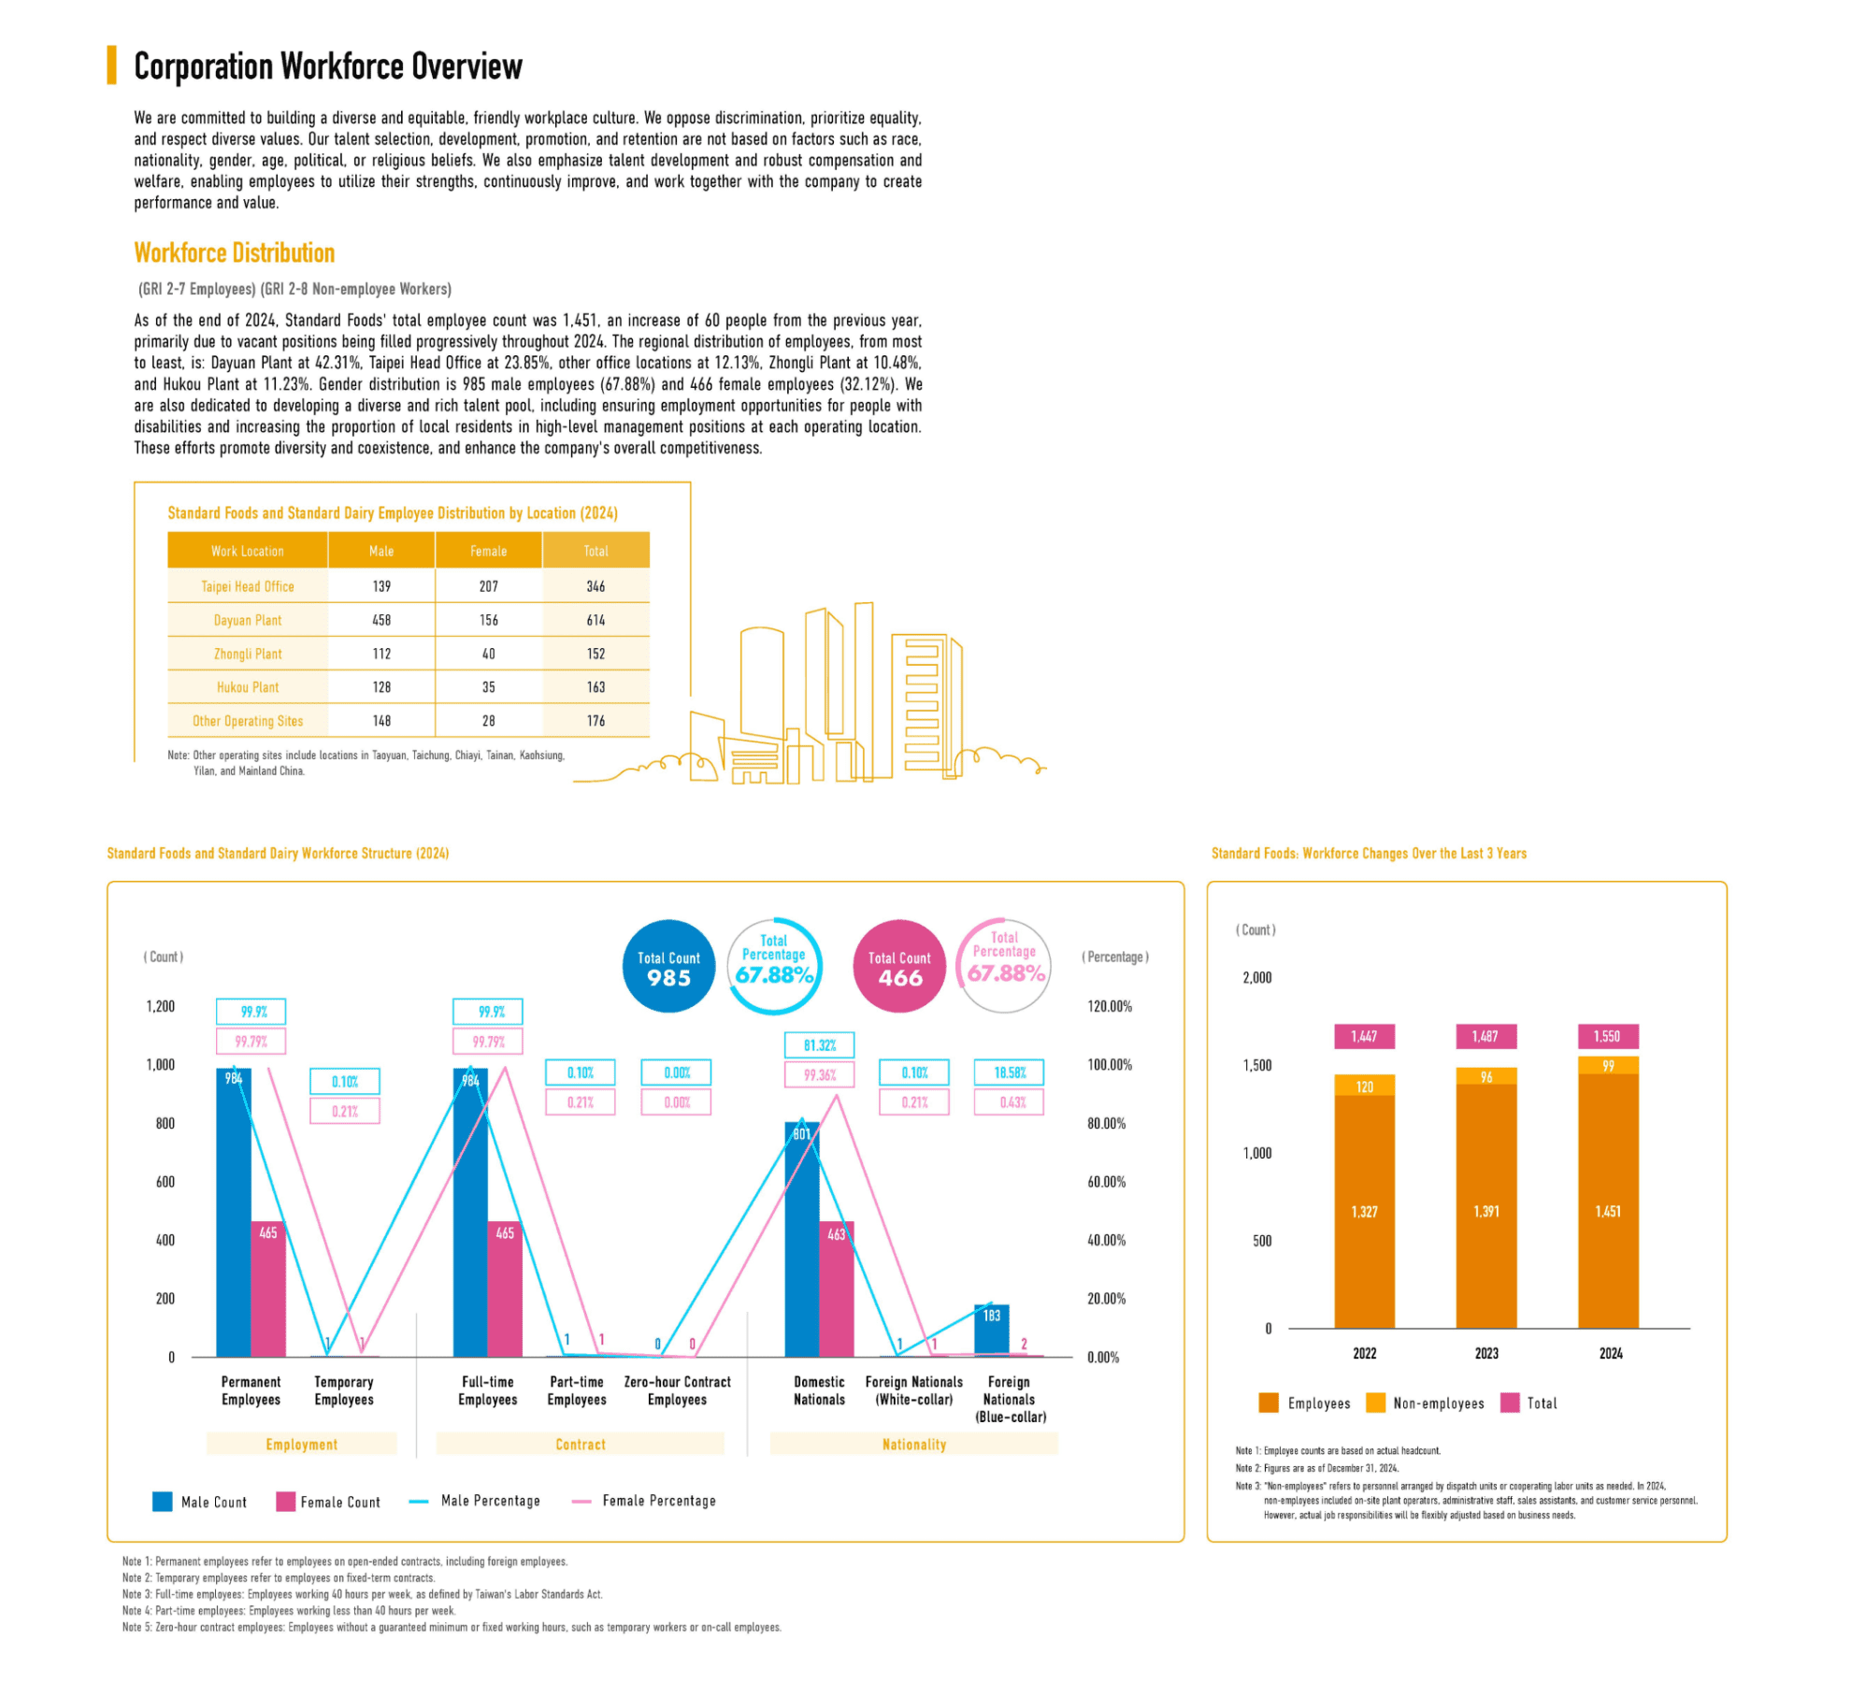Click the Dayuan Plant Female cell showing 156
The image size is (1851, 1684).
(488, 620)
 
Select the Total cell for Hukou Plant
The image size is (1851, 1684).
(595, 687)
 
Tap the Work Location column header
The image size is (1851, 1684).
(247, 551)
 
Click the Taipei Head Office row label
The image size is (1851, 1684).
(247, 586)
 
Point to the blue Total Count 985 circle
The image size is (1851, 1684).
(668, 967)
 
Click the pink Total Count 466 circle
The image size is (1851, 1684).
(899, 967)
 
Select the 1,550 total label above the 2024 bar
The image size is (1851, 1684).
(1607, 1036)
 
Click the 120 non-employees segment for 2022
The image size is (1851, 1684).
(1364, 1086)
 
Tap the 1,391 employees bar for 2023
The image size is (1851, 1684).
(1485, 1210)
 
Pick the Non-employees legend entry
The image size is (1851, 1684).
(1426, 1403)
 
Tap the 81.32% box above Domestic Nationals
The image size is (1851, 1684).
(819, 1045)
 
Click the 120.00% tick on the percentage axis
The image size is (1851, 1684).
(1110, 1006)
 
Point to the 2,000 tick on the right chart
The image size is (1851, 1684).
(1256, 977)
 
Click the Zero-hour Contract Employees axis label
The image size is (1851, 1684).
(677, 1390)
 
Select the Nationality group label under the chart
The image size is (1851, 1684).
(913, 1445)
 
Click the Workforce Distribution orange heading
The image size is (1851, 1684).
(235, 252)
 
